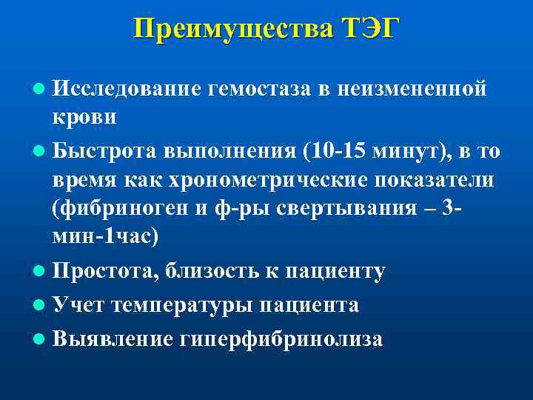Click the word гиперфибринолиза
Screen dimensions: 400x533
[x=281, y=339]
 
